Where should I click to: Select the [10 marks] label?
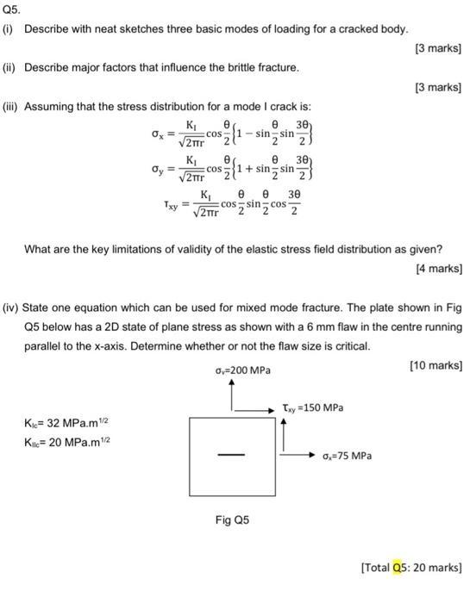pos(438,364)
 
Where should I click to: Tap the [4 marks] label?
pos(441,268)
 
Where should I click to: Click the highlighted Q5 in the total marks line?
pos(398,567)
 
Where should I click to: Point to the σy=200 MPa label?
pos(242,370)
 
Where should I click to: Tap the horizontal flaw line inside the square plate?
pos(231,456)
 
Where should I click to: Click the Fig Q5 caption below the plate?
pos(231,519)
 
